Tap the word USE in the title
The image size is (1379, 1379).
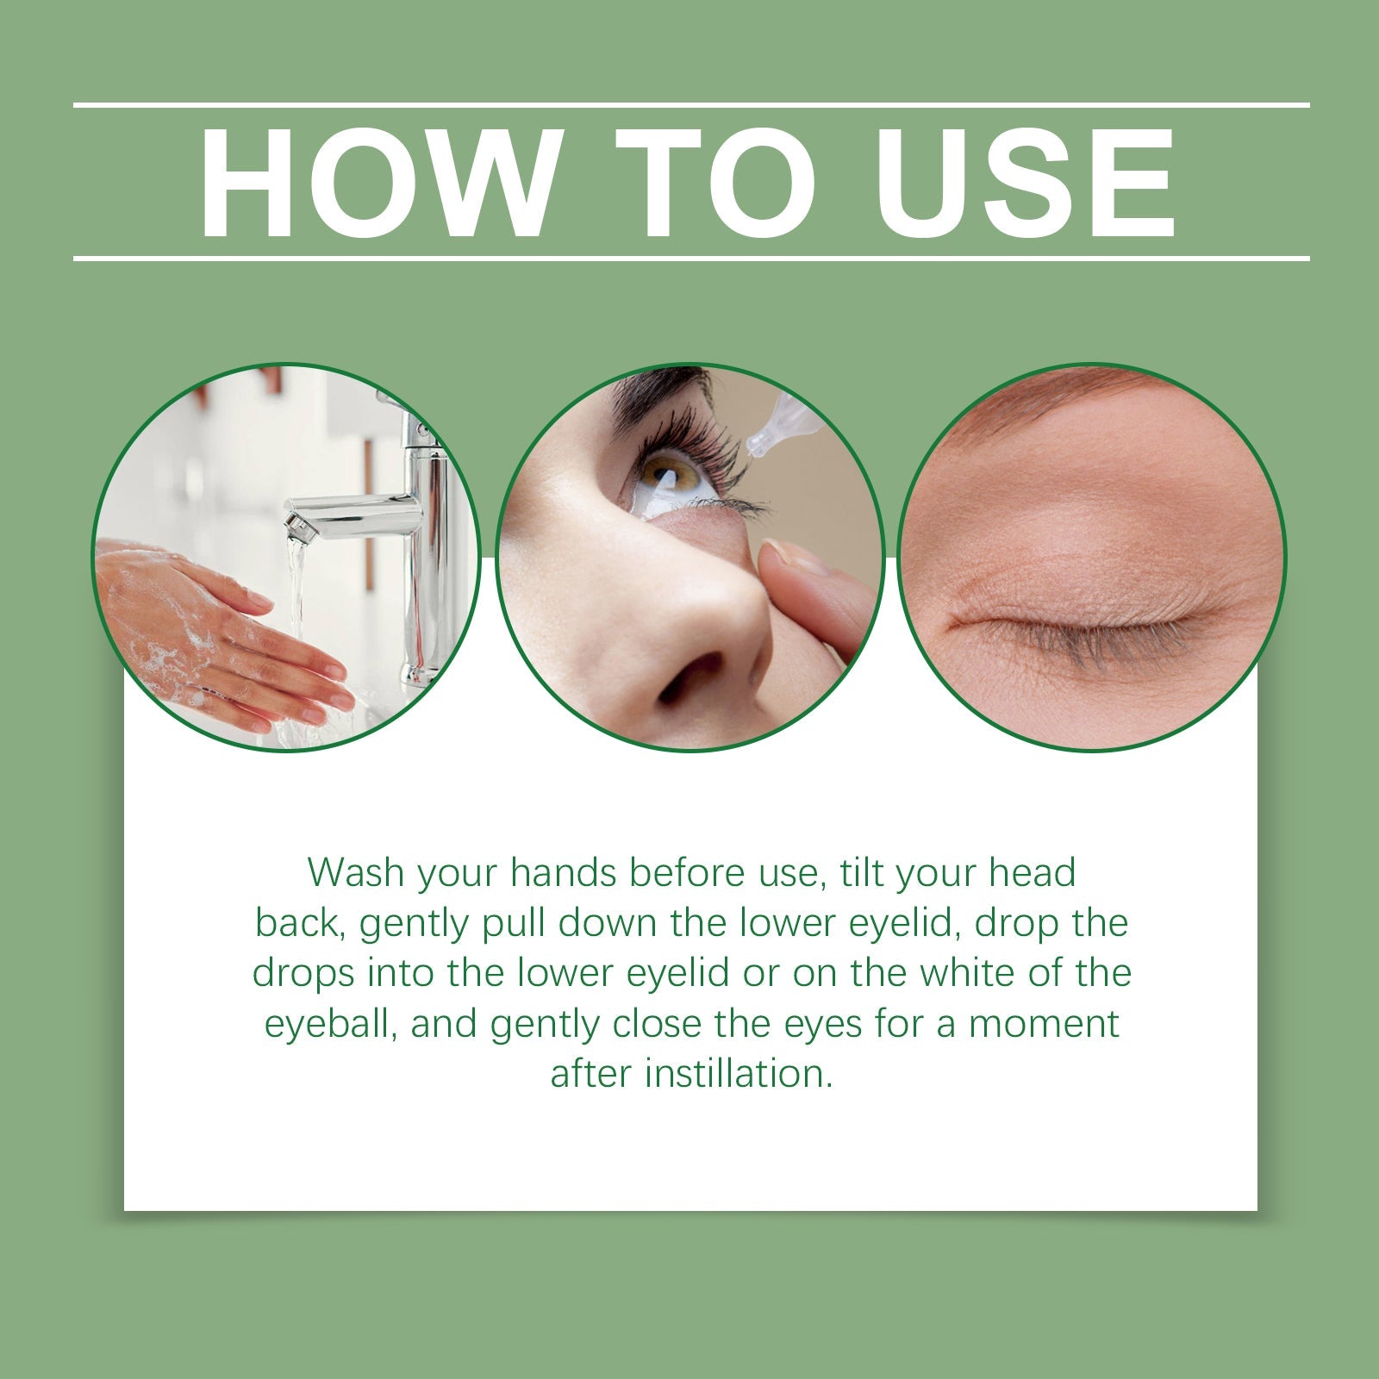pyautogui.click(x=1026, y=182)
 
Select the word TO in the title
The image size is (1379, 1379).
pyautogui.click(x=715, y=182)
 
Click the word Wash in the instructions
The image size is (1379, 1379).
pyautogui.click(x=356, y=872)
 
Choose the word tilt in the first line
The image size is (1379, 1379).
pyautogui.click(x=863, y=872)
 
